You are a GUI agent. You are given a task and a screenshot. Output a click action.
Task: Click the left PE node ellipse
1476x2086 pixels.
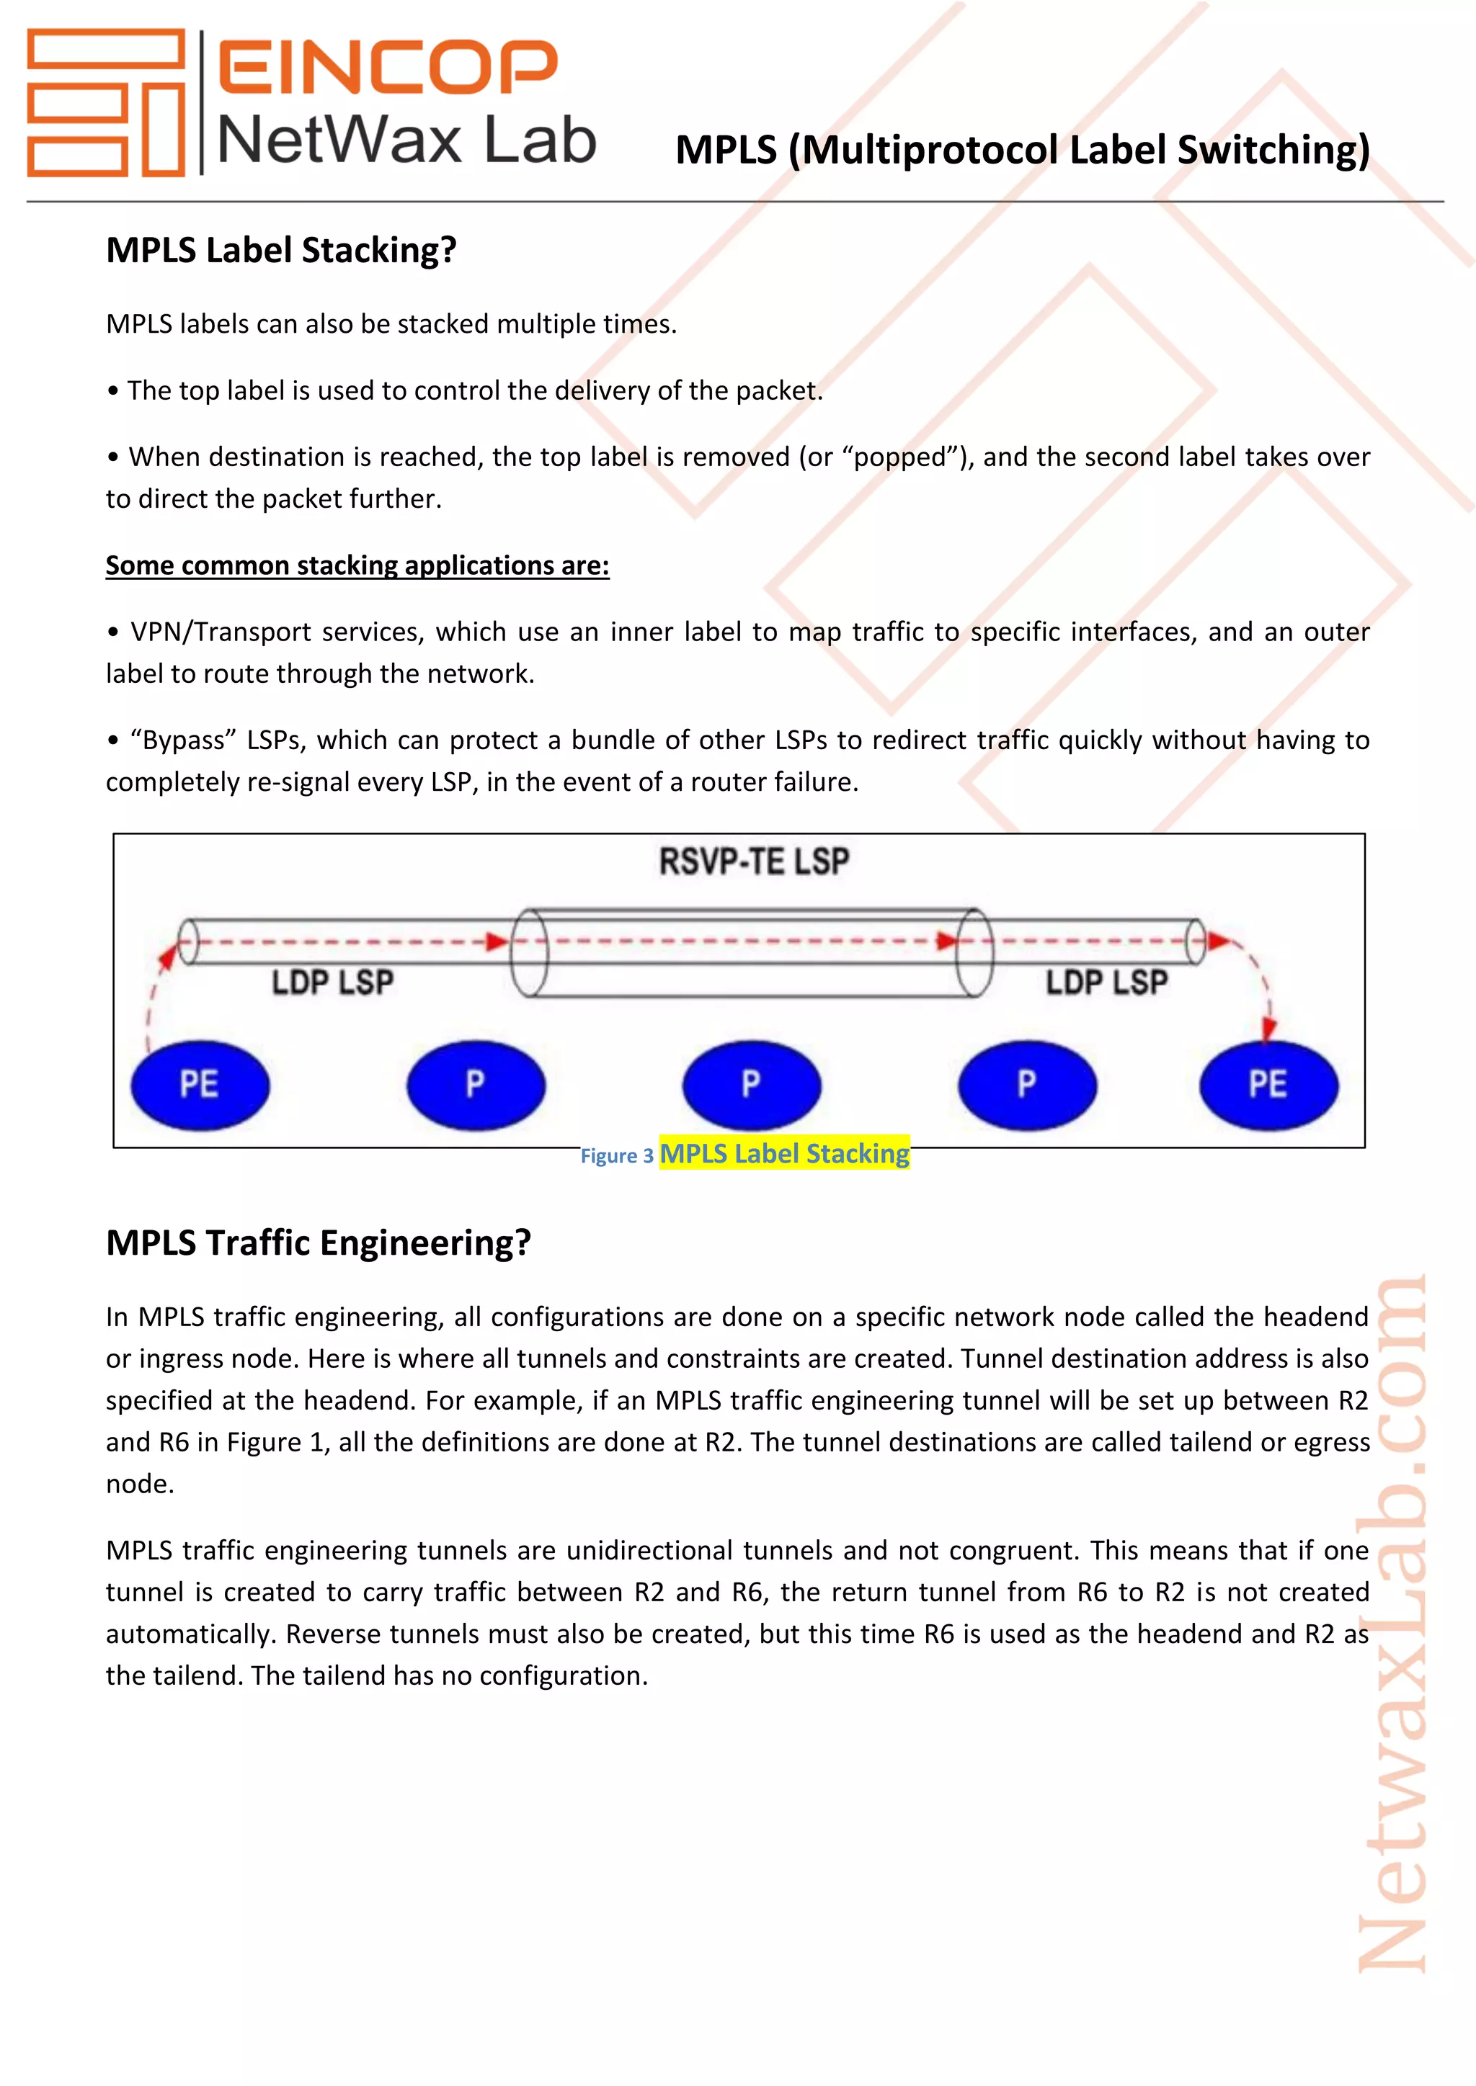click(x=200, y=1085)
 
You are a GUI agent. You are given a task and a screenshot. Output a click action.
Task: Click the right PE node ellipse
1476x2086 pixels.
click(x=1268, y=1085)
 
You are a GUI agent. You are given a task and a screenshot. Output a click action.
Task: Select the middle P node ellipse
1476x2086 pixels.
click(x=752, y=1085)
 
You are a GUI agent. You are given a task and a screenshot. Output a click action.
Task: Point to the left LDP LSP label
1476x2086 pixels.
click(x=333, y=982)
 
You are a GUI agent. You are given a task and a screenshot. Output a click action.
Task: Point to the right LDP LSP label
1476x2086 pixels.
click(x=1106, y=982)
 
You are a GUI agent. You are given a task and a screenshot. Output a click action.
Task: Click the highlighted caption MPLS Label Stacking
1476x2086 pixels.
click(x=783, y=1153)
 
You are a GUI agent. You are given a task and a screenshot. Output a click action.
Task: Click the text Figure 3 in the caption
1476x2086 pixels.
click(x=617, y=1155)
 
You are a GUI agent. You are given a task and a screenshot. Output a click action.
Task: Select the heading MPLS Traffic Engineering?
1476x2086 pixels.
click(x=318, y=1242)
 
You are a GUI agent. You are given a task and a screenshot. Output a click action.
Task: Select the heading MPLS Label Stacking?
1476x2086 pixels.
click(x=281, y=250)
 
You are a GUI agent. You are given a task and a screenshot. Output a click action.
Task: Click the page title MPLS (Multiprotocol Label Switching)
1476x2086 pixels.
click(x=1023, y=150)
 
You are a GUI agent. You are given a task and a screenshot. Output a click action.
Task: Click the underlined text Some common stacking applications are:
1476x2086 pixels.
click(x=357, y=565)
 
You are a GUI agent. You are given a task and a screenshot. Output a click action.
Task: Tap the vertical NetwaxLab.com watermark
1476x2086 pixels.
click(x=1392, y=1626)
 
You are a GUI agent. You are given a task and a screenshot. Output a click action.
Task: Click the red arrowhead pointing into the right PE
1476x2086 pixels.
click(x=1270, y=1029)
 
